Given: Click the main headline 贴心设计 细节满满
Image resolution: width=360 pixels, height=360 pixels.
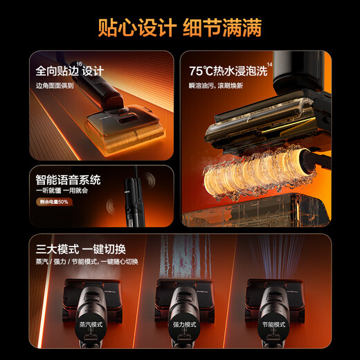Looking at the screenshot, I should [180, 28].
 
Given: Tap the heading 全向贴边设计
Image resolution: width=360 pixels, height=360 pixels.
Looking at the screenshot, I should [69, 71].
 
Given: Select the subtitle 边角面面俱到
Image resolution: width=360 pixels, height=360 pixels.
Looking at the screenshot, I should [56, 86].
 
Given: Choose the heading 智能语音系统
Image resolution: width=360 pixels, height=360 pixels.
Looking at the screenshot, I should [69, 180].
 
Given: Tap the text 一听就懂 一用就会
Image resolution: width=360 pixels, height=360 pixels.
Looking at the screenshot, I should [60, 192].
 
